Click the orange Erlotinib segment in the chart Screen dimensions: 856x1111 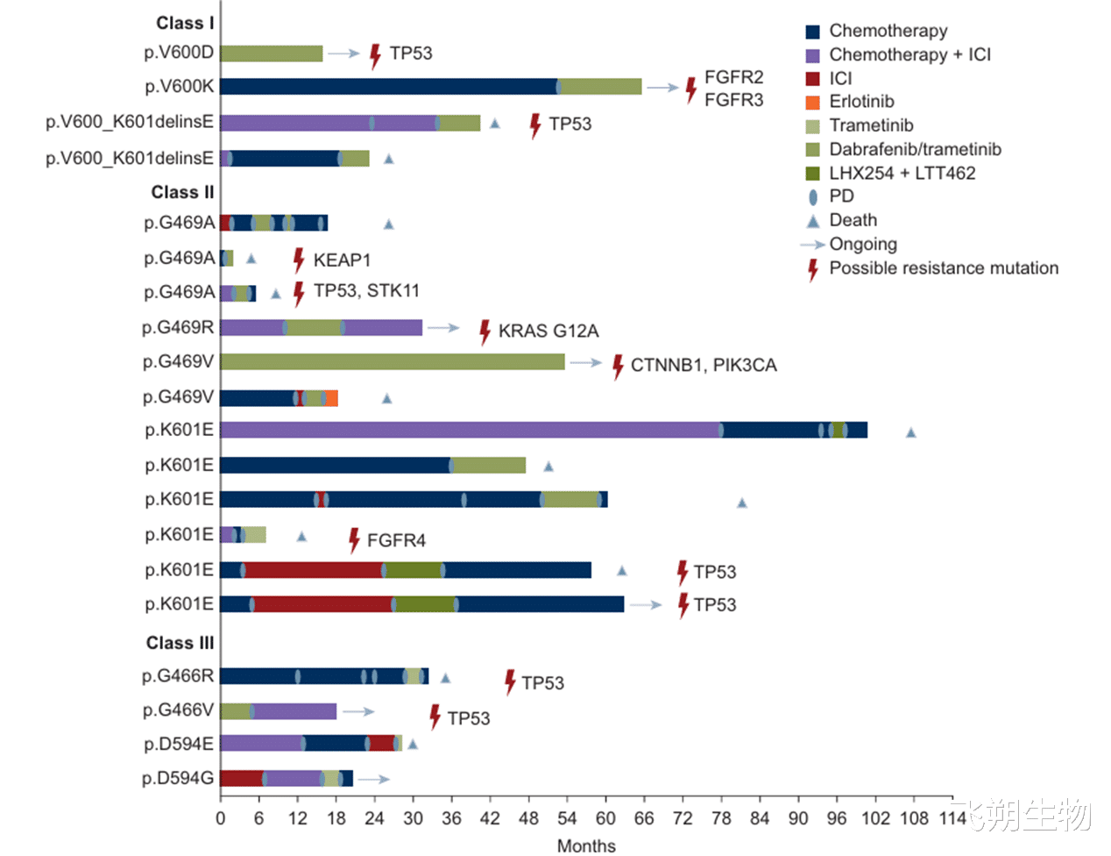tap(332, 398)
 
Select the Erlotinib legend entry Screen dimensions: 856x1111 tap(861, 102)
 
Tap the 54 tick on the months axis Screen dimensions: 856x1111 tap(567, 818)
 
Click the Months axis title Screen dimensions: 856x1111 tap(586, 845)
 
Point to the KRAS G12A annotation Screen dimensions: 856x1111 tap(548, 331)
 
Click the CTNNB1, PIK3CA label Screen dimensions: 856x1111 tap(703, 365)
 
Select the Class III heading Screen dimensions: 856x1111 tap(180, 643)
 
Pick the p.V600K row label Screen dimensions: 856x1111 tap(179, 87)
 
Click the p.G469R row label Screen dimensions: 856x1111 tap(178, 327)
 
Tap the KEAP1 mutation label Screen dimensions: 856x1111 tap(342, 260)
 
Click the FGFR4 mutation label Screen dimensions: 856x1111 tap(396, 540)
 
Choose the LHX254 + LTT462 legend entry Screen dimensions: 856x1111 tap(902, 173)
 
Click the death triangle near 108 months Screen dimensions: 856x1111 tap(910, 432)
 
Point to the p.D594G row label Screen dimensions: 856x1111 tap(178, 778)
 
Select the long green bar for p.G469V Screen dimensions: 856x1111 tap(392, 361)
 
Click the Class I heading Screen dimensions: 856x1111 tap(185, 23)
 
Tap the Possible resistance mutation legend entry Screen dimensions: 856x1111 tap(943, 268)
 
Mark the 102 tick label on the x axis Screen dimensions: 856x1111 tap(875, 818)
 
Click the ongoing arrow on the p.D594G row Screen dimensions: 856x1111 tap(374, 779)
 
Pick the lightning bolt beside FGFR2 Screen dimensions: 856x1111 tap(690, 89)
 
